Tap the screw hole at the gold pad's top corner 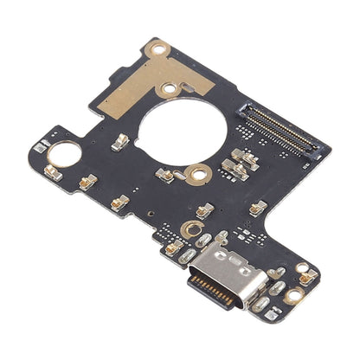click(x=158, y=53)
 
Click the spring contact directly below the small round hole click(x=87, y=181)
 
